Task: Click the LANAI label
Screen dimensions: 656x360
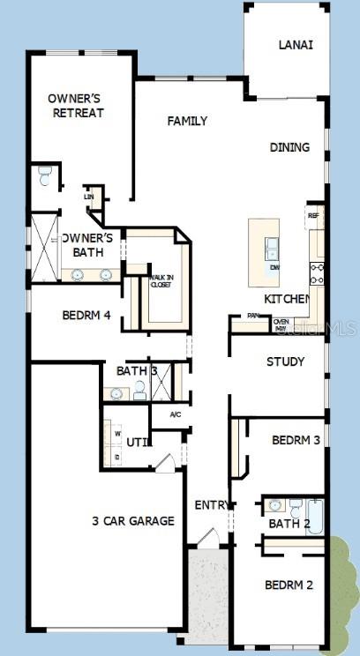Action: (x=296, y=44)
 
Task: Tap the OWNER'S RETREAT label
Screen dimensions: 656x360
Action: (x=77, y=106)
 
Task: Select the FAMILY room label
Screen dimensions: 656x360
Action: (x=187, y=121)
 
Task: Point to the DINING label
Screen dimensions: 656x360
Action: (x=289, y=147)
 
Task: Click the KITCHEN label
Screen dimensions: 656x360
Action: (x=288, y=300)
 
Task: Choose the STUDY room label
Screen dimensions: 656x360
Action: (x=285, y=362)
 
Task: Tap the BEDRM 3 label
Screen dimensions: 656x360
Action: (x=296, y=440)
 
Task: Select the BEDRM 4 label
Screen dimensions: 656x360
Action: (x=86, y=316)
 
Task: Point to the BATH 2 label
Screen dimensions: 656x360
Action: (x=289, y=525)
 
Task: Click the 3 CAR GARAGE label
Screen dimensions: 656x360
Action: (x=132, y=521)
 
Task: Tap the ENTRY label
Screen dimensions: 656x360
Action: (x=213, y=505)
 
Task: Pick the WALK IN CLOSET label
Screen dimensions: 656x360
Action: (x=161, y=280)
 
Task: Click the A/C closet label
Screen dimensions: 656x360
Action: (x=175, y=414)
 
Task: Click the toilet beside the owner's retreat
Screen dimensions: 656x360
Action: (x=45, y=178)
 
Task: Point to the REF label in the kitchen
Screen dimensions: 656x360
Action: (x=312, y=215)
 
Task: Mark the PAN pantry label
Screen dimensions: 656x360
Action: (x=254, y=315)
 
